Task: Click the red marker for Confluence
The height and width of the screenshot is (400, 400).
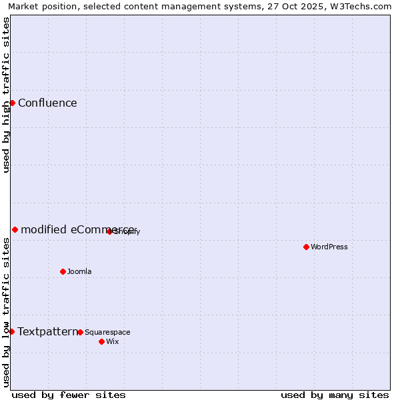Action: pyautogui.click(x=12, y=103)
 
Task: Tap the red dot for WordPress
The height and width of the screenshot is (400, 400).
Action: pyautogui.click(x=306, y=247)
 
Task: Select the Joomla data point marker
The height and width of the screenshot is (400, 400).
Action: pyautogui.click(x=63, y=271)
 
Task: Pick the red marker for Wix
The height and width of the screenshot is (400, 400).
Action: pyautogui.click(x=101, y=341)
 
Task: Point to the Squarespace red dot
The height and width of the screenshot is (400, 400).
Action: pyautogui.click(x=80, y=332)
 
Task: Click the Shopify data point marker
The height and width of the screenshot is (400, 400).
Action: pyautogui.click(x=109, y=231)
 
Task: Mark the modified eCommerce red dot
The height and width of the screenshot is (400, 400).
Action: pyautogui.click(x=15, y=229)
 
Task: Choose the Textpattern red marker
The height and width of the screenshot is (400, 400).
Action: pyautogui.click(x=11, y=331)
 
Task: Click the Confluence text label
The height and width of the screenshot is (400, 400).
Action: pyautogui.click(x=47, y=103)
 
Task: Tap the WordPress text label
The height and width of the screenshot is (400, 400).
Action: pyautogui.click(x=329, y=247)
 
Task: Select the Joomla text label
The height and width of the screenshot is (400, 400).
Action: pyautogui.click(x=79, y=271)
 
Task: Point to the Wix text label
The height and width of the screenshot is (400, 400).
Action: pyautogui.click(x=113, y=341)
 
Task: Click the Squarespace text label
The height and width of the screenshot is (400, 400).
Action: pyautogui.click(x=107, y=332)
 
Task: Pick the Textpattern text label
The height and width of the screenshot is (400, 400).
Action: pyautogui.click(x=47, y=331)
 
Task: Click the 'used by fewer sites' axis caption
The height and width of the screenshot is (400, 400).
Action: pyautogui.click(x=69, y=395)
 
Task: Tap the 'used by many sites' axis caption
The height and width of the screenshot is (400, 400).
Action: pyautogui.click(x=335, y=395)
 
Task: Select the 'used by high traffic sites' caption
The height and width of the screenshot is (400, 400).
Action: pyautogui.click(x=7, y=95)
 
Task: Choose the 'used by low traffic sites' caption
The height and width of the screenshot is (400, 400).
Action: pyautogui.click(x=7, y=312)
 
